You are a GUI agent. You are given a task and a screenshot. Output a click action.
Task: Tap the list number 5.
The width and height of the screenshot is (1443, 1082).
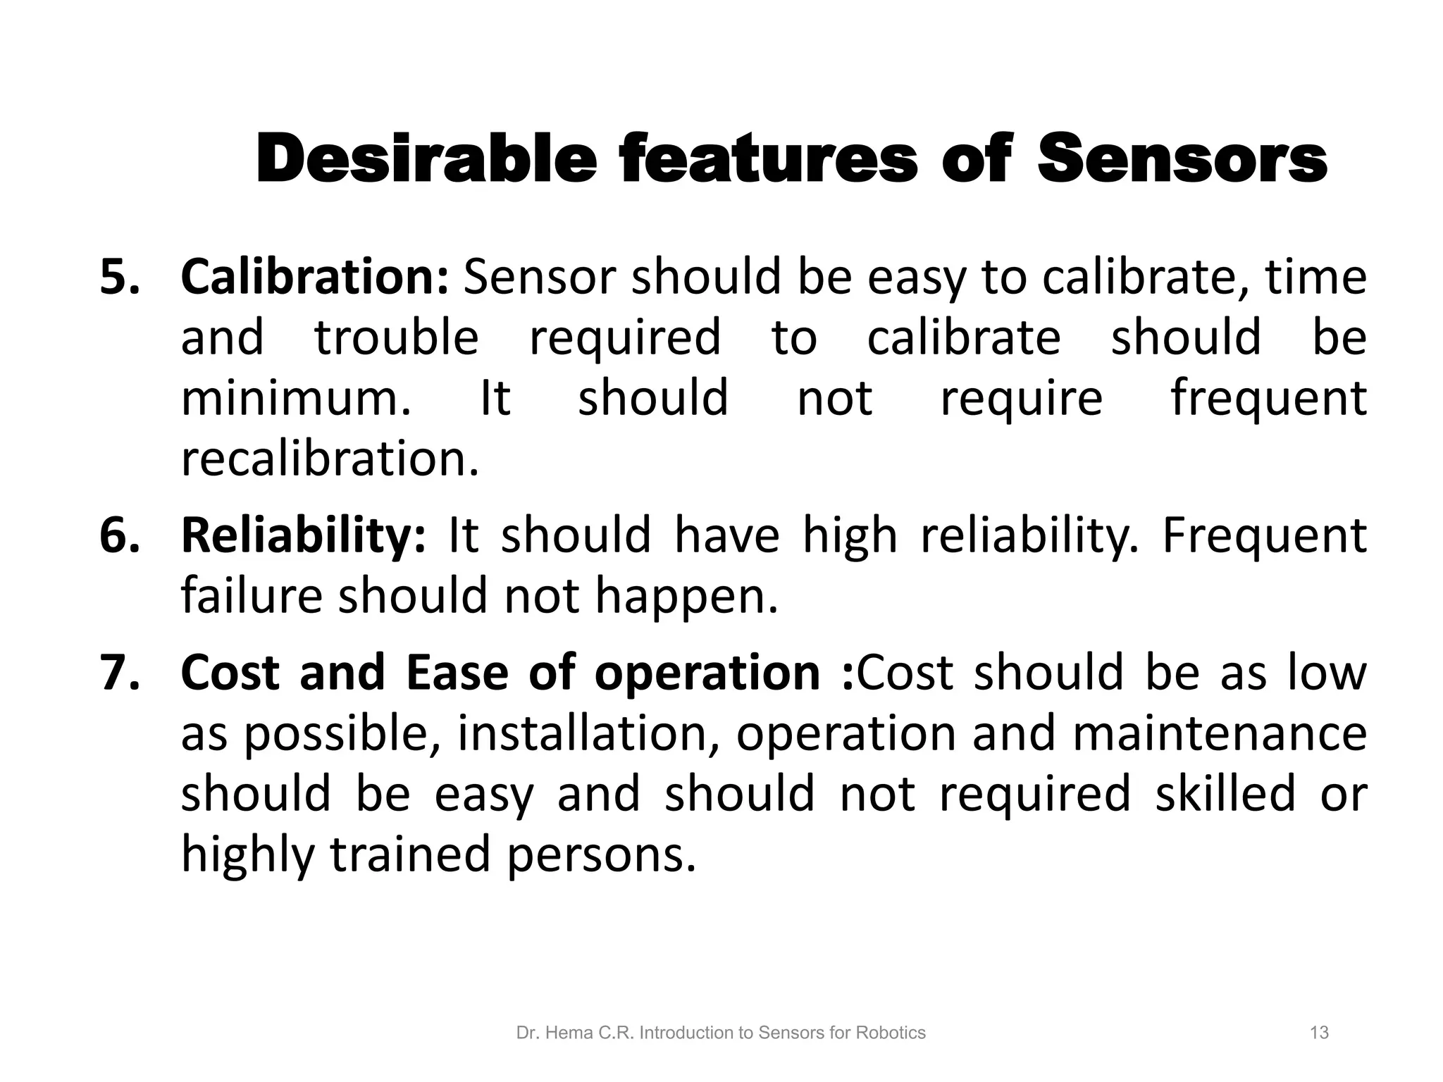coord(120,277)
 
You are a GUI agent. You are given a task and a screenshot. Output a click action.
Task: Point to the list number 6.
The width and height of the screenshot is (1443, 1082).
coord(120,535)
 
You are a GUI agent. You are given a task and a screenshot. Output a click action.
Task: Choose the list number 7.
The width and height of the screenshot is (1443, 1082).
coord(120,672)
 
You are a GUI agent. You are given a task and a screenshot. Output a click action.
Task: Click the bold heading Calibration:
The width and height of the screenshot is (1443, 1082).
coord(314,277)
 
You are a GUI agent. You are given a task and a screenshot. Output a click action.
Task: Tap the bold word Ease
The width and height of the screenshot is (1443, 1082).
coord(457,672)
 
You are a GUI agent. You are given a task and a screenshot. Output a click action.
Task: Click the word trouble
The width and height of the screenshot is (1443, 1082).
coord(396,337)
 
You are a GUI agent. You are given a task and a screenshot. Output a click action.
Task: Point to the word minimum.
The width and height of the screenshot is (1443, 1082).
coord(295,398)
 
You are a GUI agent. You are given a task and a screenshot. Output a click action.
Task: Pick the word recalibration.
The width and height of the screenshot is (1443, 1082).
coord(330,459)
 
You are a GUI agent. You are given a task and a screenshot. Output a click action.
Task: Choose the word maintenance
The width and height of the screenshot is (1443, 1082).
coord(1220,733)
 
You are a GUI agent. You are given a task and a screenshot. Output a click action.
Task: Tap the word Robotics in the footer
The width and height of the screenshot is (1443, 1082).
coord(890,1033)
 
